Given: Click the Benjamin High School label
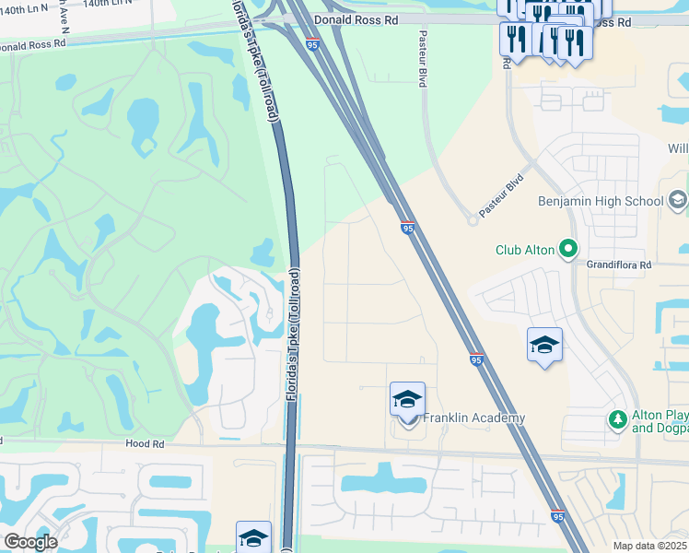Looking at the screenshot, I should click(601, 201).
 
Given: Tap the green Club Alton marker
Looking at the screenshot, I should click(569, 248).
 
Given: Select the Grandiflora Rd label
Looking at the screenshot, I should click(619, 265).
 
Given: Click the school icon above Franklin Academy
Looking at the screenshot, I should click(407, 399).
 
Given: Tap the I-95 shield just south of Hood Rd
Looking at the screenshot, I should click(558, 517).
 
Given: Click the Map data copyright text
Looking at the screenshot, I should click(650, 546).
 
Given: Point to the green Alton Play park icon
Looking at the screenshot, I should click(618, 420).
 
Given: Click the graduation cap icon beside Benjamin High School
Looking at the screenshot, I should click(678, 200).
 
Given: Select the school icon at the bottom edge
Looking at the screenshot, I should click(253, 539).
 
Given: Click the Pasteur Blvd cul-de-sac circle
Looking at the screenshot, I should click(473, 219).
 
